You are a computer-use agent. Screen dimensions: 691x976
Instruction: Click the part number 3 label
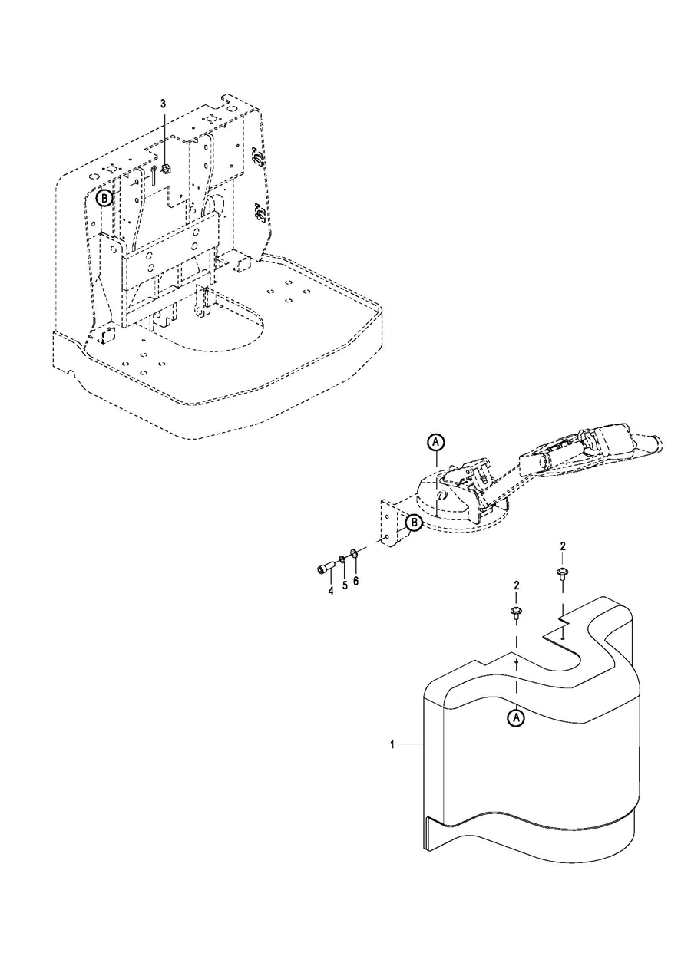tap(164, 104)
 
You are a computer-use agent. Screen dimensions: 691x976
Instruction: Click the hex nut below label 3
tap(166, 168)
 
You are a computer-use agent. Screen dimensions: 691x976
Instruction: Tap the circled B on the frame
tap(104, 199)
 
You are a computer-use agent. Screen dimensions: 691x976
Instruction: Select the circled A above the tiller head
tap(435, 442)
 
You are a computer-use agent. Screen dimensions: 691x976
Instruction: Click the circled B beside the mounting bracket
tap(414, 523)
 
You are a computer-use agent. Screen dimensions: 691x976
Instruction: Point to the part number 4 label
tap(330, 592)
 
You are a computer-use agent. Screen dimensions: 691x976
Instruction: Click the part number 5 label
tap(345, 585)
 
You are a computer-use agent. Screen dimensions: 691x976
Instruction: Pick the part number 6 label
tap(356, 581)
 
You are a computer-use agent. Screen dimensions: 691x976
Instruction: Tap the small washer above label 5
tap(342, 559)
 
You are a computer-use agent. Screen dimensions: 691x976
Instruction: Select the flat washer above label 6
tap(354, 554)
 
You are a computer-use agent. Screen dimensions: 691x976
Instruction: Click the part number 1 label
tap(392, 744)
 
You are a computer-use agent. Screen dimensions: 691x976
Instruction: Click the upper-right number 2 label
tap(563, 546)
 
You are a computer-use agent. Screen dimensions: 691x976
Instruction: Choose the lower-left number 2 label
tap(516, 585)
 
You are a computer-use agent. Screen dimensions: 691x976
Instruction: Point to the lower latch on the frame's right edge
tap(259, 213)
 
